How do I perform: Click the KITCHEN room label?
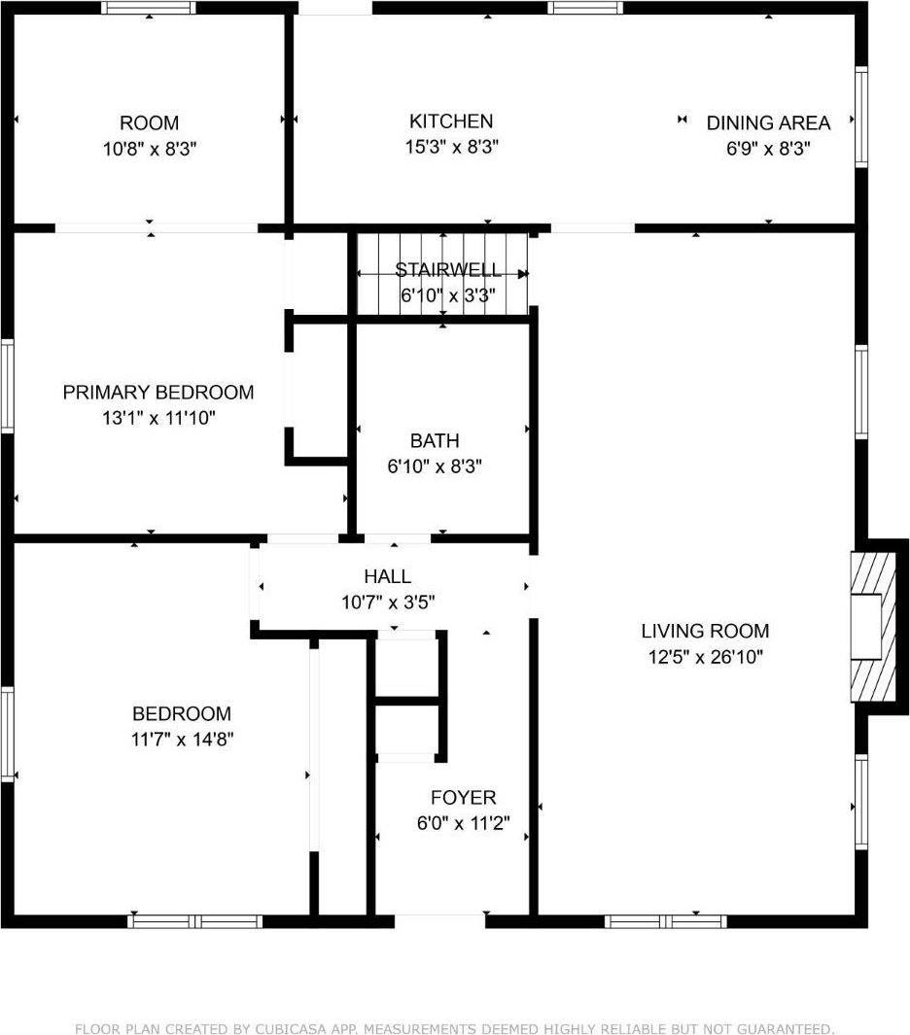(450, 121)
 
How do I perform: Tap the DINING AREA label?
(768, 123)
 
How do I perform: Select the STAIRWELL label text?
(448, 270)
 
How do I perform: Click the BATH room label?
(435, 441)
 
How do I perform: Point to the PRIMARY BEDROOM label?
(157, 393)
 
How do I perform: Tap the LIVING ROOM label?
(705, 632)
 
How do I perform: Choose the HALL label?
(387, 577)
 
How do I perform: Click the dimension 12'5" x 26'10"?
(705, 657)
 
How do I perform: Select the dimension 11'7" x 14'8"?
(182, 739)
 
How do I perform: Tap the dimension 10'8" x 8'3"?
(149, 149)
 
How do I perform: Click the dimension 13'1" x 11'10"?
(157, 418)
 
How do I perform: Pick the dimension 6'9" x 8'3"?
(768, 149)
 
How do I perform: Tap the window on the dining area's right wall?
(860, 117)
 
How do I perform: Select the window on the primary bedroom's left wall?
(8, 386)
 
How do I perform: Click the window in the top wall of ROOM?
(149, 8)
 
